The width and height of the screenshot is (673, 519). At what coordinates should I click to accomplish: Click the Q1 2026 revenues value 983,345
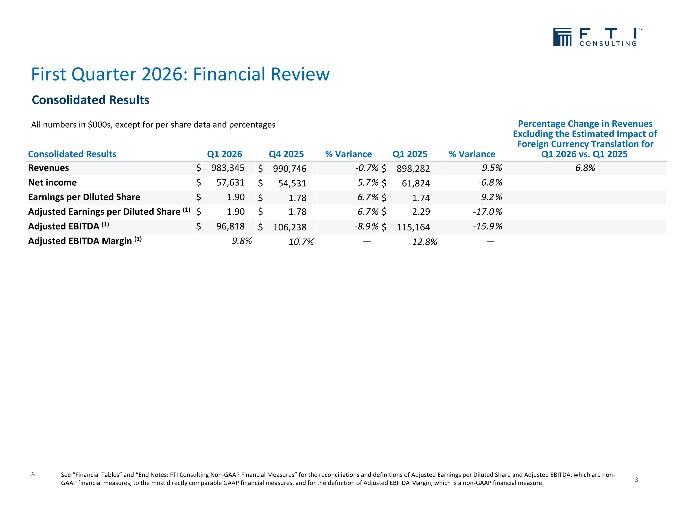228,168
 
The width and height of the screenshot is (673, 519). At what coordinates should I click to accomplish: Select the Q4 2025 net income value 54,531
292,183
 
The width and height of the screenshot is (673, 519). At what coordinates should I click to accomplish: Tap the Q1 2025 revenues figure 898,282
413,169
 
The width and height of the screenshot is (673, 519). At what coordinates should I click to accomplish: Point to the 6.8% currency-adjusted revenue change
585,168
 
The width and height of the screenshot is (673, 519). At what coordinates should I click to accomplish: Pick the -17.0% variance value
487,212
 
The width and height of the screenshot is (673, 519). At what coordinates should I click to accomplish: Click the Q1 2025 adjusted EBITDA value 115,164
413,227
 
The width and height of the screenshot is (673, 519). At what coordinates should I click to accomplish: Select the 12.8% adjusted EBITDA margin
425,242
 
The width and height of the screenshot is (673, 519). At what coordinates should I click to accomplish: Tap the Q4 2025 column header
286,154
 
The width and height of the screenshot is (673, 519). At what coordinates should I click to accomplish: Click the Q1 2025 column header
410,154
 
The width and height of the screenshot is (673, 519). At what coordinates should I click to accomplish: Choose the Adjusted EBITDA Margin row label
85,241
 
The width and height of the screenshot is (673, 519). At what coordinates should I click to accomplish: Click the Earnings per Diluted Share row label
84,197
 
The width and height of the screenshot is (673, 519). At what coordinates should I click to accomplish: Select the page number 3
636,480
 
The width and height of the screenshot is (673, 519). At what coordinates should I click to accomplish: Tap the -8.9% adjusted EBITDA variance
366,226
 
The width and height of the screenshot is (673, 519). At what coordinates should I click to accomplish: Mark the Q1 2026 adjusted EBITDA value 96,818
230,226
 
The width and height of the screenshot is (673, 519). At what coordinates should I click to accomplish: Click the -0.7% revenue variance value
367,168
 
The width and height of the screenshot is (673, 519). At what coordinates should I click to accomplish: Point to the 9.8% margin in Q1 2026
242,241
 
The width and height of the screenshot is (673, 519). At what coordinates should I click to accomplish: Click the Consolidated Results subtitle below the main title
91,100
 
